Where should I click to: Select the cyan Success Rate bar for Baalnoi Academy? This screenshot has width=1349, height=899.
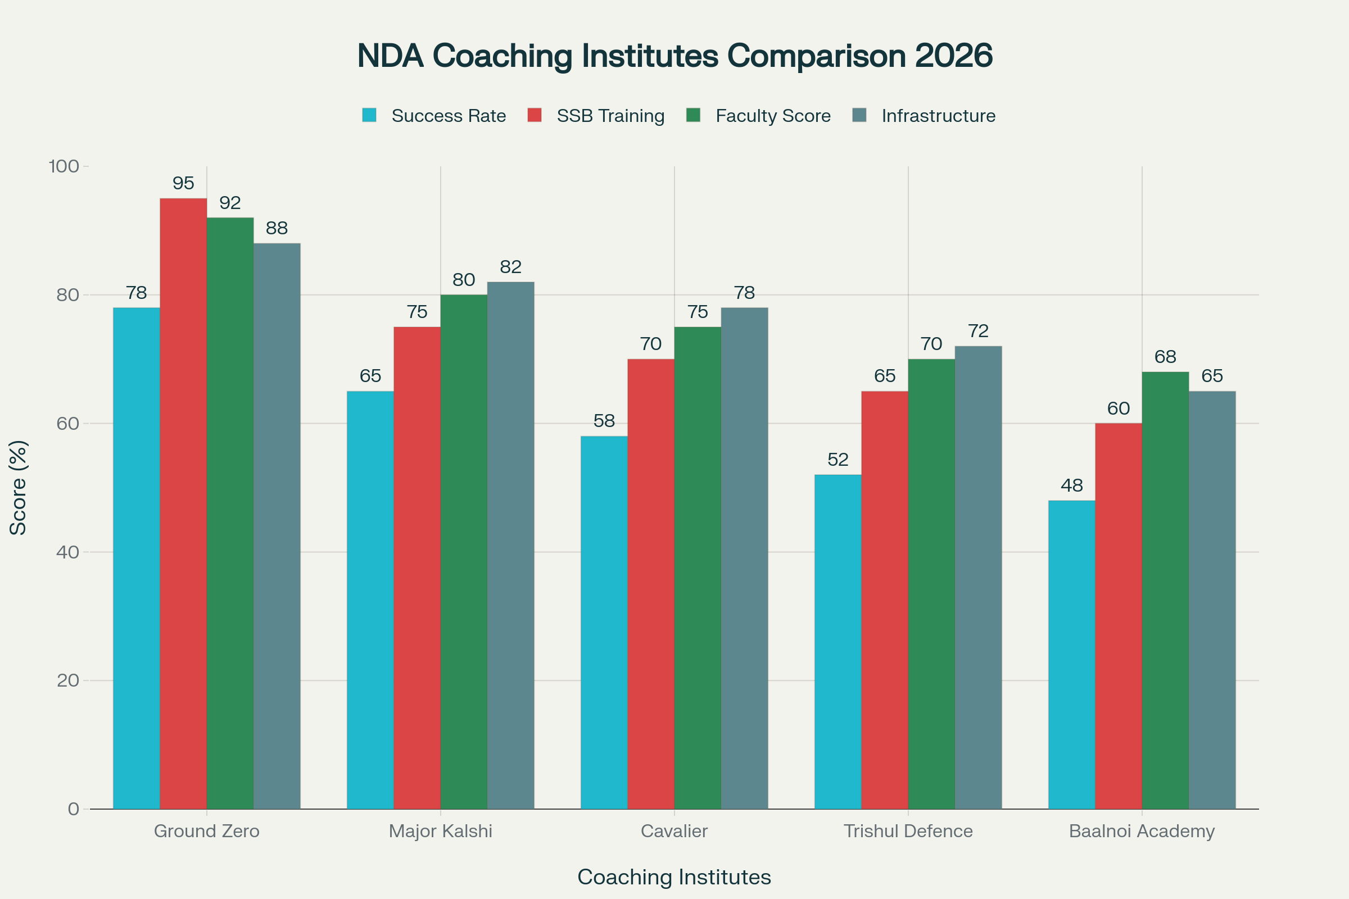(x=1071, y=654)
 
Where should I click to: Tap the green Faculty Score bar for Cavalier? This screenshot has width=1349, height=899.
(x=698, y=567)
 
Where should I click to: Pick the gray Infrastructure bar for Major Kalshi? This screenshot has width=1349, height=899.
(x=510, y=545)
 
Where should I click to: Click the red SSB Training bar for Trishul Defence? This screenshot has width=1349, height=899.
(x=884, y=600)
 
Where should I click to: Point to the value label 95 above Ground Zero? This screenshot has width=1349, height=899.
(x=183, y=184)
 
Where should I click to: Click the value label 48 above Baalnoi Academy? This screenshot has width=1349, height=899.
(x=1071, y=485)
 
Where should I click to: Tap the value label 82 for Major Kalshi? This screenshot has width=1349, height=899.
(x=510, y=266)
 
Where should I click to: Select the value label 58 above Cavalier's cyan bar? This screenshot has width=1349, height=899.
(x=604, y=421)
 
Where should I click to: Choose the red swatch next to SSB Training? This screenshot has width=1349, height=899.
(x=534, y=115)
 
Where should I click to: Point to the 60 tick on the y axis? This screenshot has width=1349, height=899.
(x=67, y=424)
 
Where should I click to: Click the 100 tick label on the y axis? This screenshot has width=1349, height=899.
(x=64, y=166)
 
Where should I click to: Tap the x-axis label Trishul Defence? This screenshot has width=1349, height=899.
(x=908, y=831)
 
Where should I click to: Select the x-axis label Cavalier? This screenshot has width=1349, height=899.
(x=674, y=831)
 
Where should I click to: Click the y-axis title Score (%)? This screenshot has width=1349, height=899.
(x=19, y=488)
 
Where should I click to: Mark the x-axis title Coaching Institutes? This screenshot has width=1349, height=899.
(x=674, y=877)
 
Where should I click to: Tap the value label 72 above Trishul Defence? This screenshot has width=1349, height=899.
(x=978, y=331)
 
